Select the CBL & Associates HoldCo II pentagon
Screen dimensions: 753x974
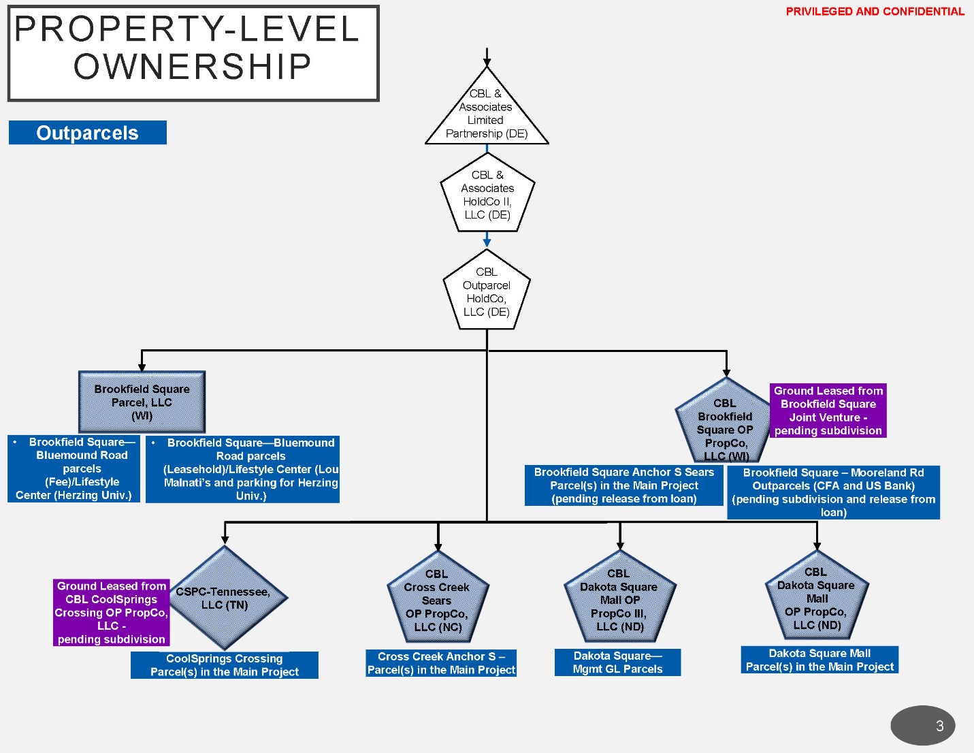click(487, 195)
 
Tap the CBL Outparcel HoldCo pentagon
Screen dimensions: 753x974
click(487, 292)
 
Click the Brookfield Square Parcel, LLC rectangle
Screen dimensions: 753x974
click(142, 402)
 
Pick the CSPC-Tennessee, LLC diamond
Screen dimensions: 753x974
click(225, 598)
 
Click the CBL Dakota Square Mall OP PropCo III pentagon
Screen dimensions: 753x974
click(619, 600)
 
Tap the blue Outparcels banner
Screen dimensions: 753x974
click(88, 133)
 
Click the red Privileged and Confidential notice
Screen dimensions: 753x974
click(875, 12)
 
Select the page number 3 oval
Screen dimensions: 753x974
click(922, 726)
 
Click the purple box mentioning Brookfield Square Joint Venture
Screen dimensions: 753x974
click(828, 411)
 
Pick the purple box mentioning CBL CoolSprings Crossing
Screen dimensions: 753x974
click(112, 613)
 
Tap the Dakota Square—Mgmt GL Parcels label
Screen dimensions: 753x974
click(617, 662)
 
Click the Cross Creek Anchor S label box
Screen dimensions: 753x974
click(441, 663)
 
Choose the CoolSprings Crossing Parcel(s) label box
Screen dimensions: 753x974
click(225, 665)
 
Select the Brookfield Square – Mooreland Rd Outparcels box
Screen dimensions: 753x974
click(833, 492)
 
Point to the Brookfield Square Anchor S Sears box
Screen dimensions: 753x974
click(624, 485)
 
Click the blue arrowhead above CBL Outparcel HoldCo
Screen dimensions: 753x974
click(487, 242)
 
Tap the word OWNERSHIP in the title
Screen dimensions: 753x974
click(193, 67)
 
